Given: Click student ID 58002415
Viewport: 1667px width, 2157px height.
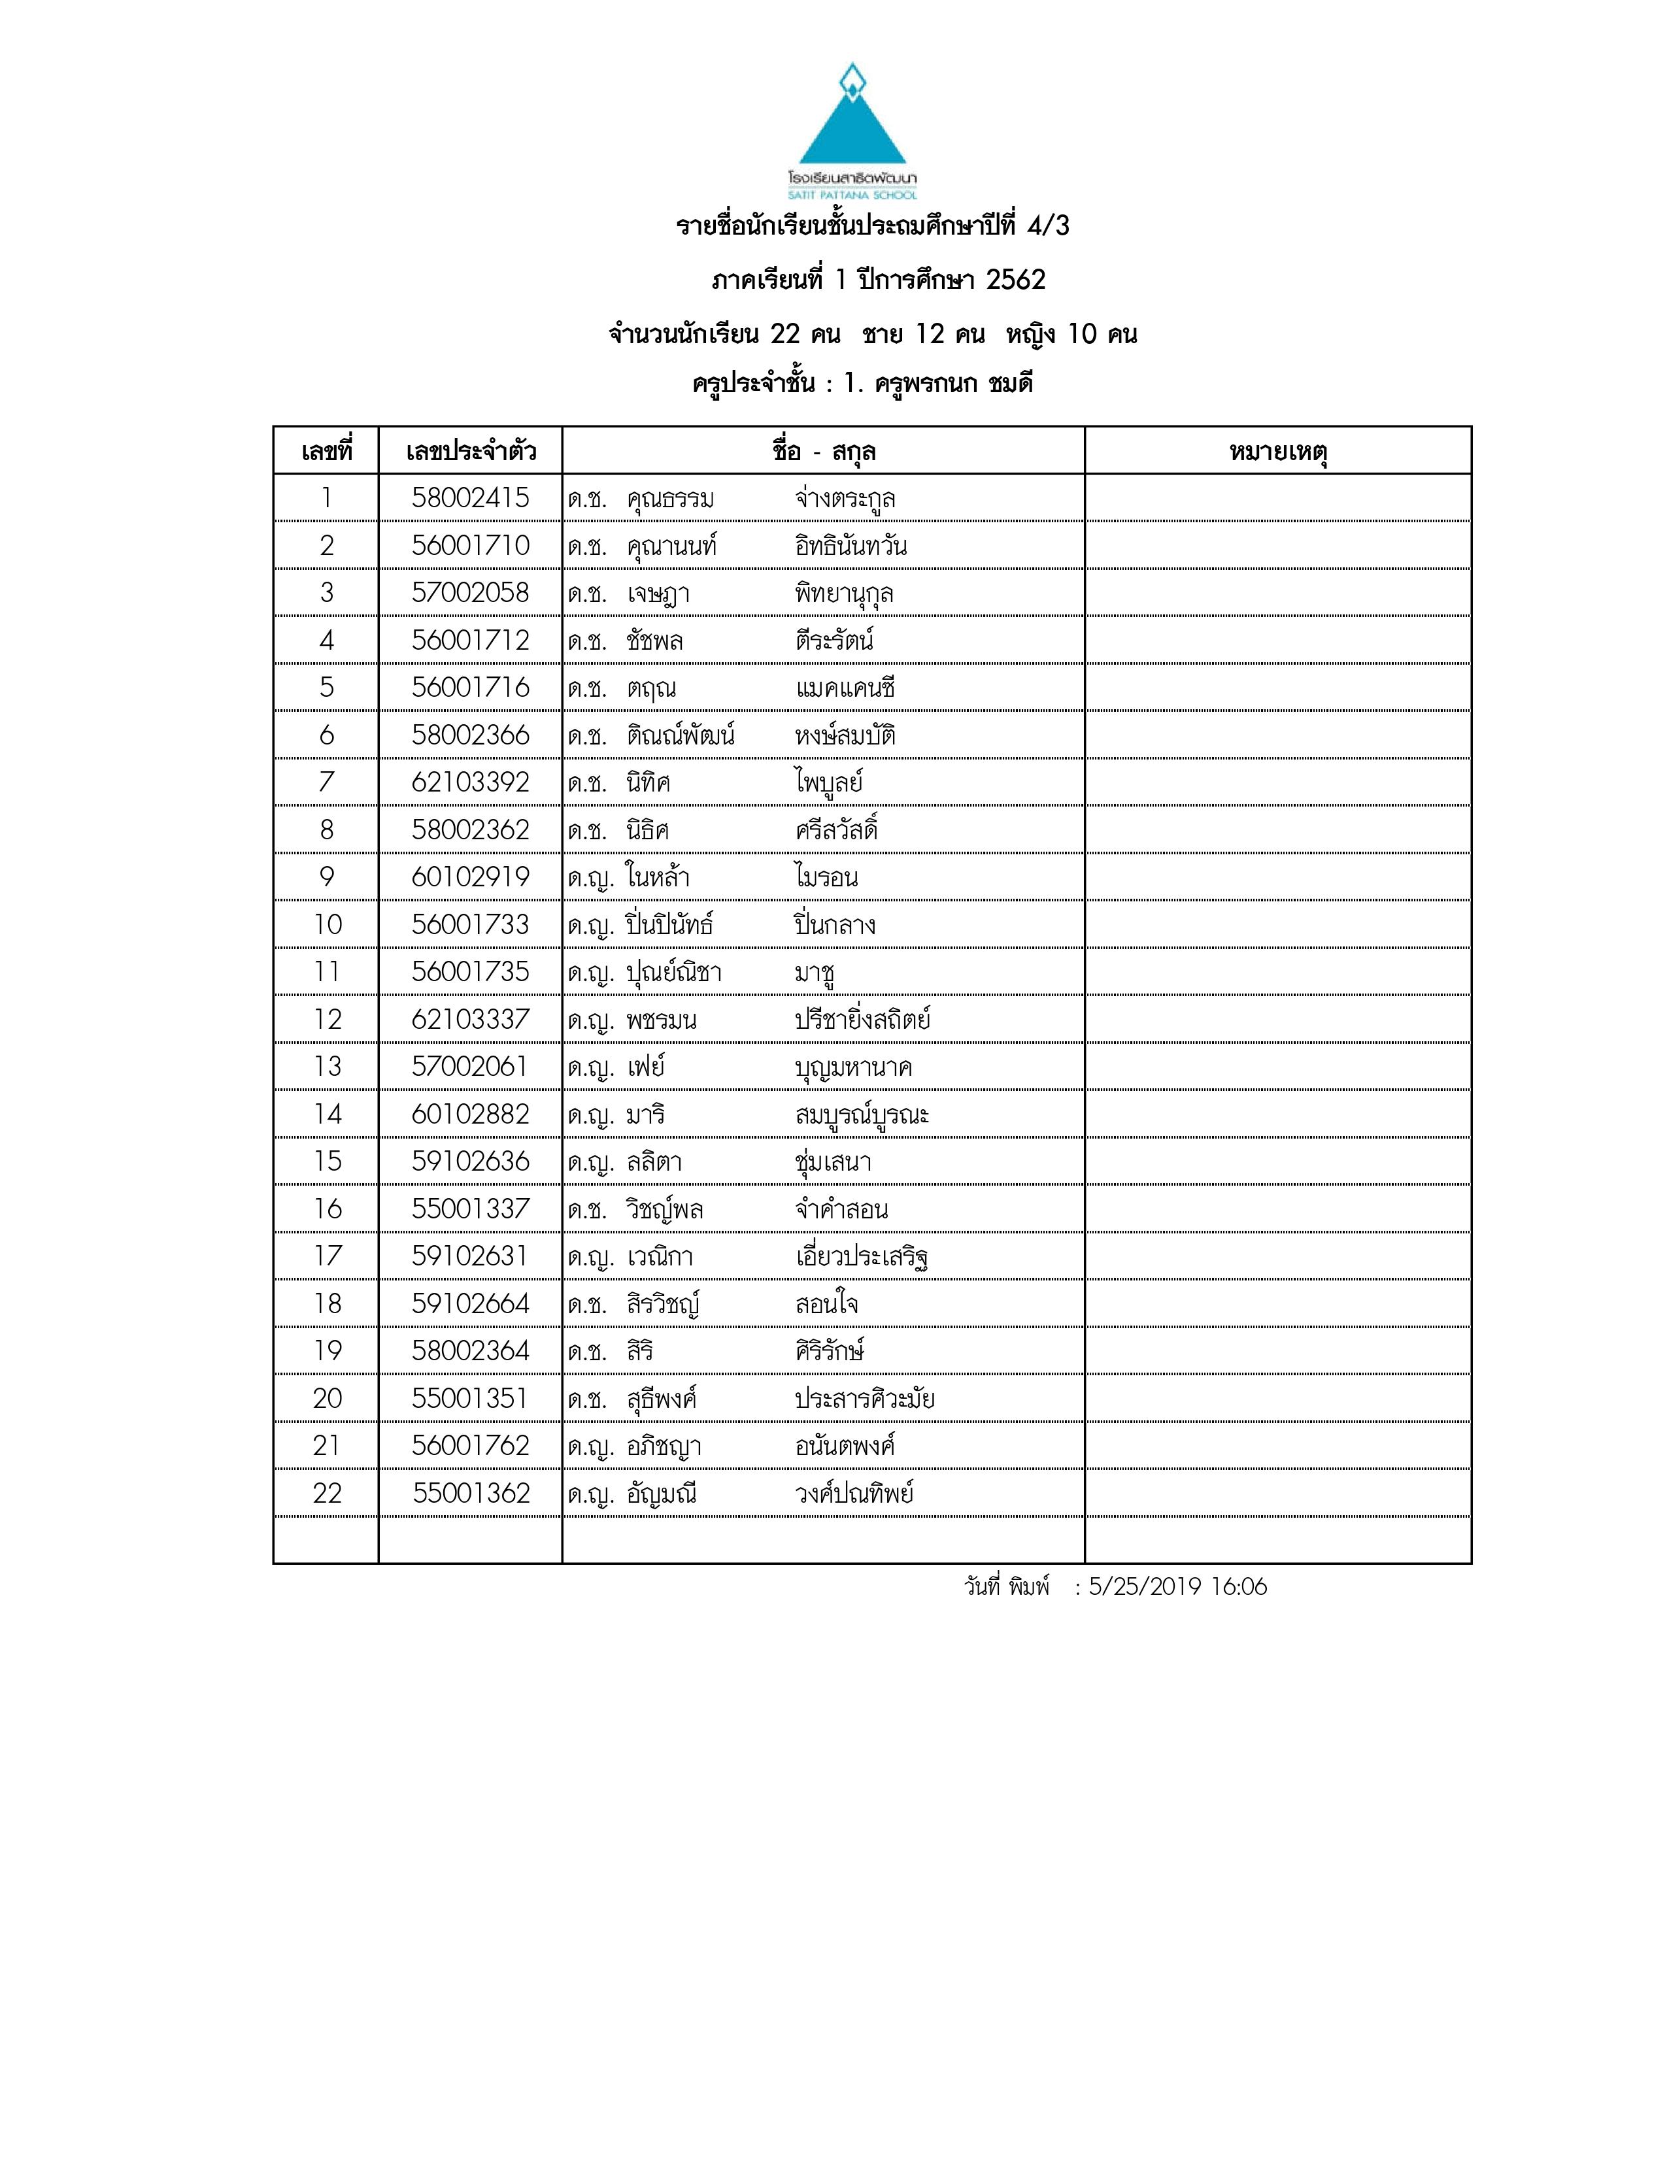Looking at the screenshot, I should click(x=470, y=498).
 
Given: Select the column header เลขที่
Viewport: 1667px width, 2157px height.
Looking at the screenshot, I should click(x=326, y=452).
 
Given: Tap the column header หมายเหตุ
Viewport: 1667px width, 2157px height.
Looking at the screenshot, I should click(x=1278, y=452).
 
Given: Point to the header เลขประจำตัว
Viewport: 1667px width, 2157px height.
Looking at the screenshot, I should click(x=470, y=452).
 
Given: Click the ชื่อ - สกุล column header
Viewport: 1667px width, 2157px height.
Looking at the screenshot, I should click(x=824, y=452).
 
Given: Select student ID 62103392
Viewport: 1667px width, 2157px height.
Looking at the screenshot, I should click(x=470, y=782).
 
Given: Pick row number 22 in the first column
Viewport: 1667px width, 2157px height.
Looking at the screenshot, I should click(x=326, y=1494).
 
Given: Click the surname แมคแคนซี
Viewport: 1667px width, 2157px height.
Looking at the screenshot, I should click(x=845, y=688).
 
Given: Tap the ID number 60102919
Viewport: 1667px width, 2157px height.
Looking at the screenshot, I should click(x=470, y=877).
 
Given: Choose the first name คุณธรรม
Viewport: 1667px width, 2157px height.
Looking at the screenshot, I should click(x=669, y=499).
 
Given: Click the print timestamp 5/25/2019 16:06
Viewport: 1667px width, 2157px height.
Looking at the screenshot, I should click(x=1177, y=1587).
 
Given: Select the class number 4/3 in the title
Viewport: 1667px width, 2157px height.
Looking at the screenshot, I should click(x=1048, y=226).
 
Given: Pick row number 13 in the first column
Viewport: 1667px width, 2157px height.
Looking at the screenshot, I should click(x=326, y=1067).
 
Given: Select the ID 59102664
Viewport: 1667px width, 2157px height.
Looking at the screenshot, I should click(x=470, y=1304).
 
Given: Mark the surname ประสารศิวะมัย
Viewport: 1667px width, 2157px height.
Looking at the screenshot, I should click(x=864, y=1399).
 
